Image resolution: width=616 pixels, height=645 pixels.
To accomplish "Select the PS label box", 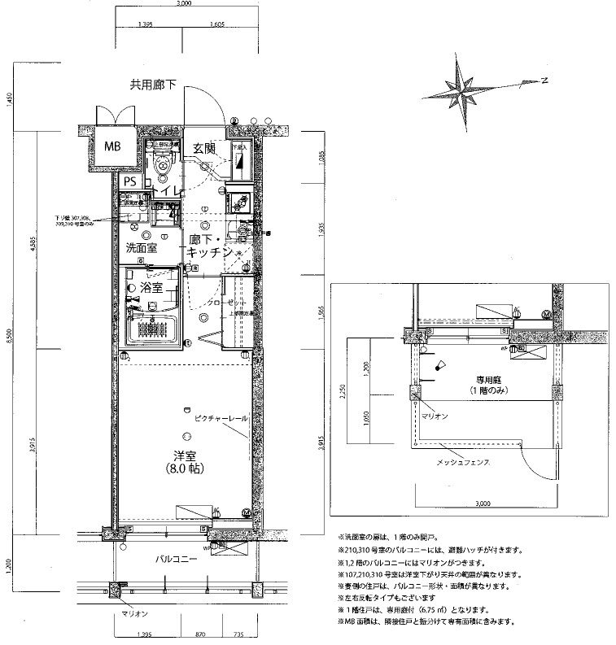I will point(129,181).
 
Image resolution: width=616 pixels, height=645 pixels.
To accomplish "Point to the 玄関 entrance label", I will point(203,148).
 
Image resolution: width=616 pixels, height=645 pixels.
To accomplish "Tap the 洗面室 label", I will point(141,248).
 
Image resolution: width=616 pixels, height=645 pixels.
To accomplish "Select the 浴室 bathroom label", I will point(152,288).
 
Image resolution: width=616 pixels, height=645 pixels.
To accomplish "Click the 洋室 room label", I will point(184,455).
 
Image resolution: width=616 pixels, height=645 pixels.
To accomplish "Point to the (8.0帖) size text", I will point(184,469).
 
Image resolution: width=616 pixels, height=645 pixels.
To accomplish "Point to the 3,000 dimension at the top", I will point(183,4).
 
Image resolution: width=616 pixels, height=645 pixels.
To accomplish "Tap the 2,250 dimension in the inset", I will point(343,391).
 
